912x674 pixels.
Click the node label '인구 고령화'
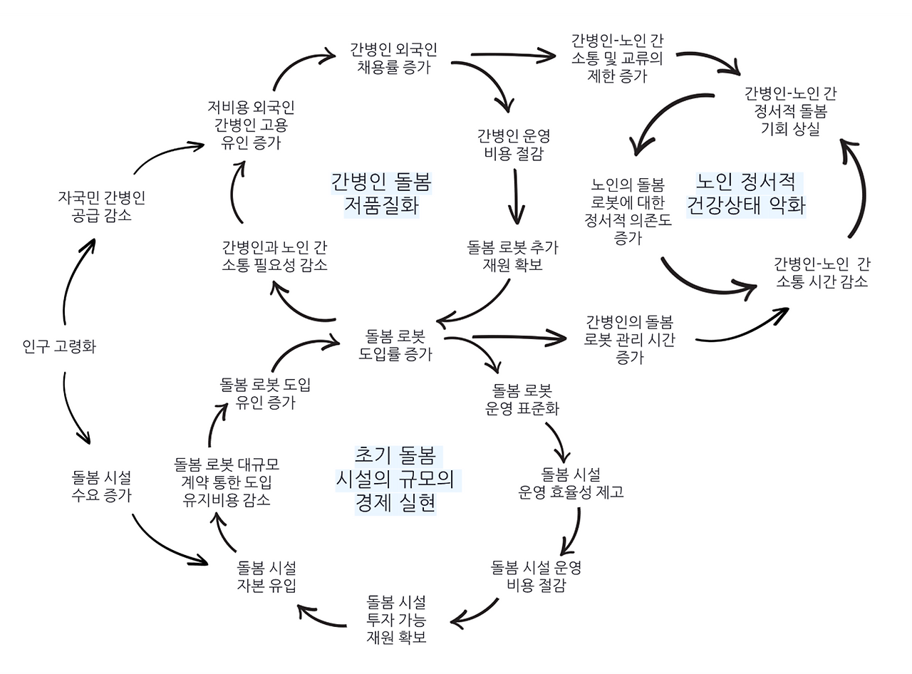point(59,347)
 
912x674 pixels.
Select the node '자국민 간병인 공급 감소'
point(101,206)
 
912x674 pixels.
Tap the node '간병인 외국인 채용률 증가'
point(393,58)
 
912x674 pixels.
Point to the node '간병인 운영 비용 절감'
point(513,145)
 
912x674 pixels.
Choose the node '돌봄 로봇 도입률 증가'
point(395,344)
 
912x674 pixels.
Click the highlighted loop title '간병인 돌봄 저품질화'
point(381,193)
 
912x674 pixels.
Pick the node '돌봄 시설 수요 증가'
point(101,486)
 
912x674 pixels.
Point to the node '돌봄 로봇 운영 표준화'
point(522,400)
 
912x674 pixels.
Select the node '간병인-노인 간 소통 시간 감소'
point(821,272)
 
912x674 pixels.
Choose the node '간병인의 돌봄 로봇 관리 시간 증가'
point(629,339)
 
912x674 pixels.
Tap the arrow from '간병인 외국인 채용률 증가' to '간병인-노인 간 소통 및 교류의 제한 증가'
point(513,54)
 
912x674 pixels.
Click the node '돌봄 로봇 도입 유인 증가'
point(265,393)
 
